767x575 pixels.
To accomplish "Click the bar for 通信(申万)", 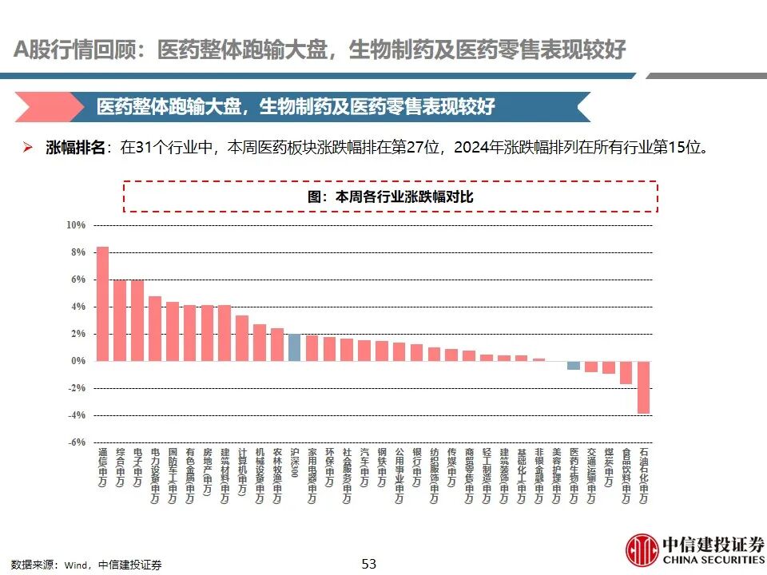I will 102,303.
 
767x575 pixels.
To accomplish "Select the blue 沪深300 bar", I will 294,347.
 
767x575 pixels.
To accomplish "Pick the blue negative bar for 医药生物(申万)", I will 574,365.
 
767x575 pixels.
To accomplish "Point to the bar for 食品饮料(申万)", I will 626,372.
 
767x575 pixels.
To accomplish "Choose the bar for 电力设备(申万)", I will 155,328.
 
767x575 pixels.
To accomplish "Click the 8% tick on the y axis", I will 77,252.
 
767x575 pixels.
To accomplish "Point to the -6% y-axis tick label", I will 76,442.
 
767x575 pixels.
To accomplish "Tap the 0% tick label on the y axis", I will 77,361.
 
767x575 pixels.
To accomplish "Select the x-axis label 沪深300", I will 294,463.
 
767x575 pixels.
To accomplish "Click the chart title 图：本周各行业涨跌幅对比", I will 390,196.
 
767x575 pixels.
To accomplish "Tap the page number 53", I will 368,564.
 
